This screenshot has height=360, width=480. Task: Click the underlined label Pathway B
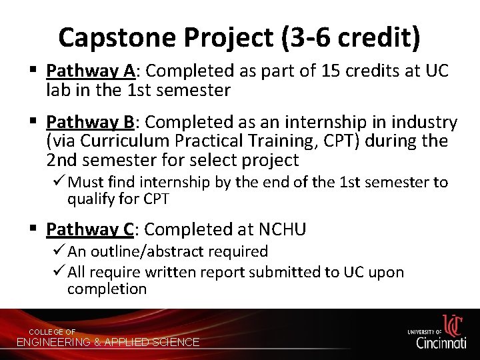tap(89, 123)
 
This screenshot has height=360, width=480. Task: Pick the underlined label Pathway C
tap(90, 230)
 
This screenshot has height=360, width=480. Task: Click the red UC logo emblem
tap(452, 325)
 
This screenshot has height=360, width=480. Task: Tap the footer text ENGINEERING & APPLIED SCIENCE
tap(108, 342)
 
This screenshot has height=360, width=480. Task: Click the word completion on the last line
tap(107, 289)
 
